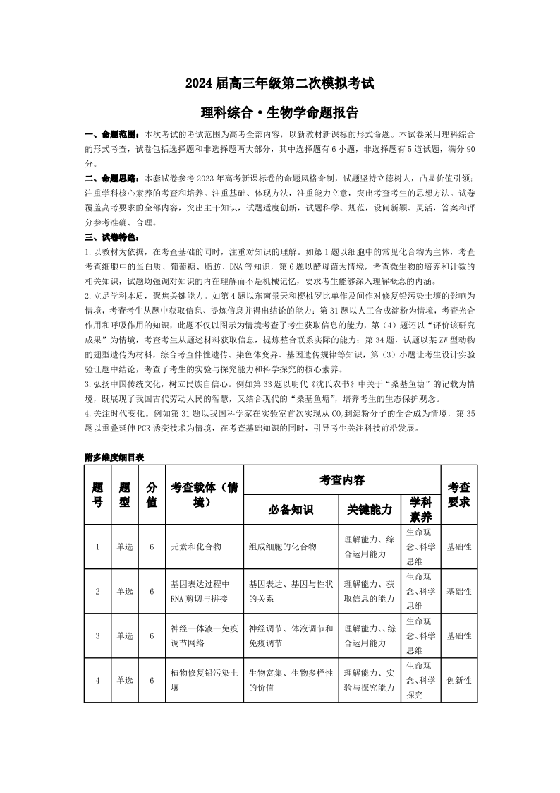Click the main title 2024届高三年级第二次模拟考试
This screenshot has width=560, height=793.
[x=279, y=83]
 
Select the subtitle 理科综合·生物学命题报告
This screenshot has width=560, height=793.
[x=279, y=112]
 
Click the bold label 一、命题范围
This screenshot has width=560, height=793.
[x=112, y=133]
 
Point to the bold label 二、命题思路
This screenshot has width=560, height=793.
[x=112, y=178]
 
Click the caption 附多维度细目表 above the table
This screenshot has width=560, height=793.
[x=114, y=458]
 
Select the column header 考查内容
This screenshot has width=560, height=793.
[x=341, y=480]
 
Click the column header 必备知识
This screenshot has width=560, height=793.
[x=291, y=509]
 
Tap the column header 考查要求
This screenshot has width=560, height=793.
[x=459, y=494]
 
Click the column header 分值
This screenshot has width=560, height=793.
[x=152, y=494]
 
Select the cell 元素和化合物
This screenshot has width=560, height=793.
[x=196, y=547]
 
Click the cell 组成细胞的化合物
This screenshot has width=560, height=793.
[x=282, y=547]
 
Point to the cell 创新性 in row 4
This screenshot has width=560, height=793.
[x=459, y=680]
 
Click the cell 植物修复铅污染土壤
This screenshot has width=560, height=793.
[x=203, y=680]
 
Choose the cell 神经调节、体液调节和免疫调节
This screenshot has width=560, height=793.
[x=291, y=636]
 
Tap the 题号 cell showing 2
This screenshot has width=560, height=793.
[x=97, y=591]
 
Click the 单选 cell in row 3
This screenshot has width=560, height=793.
[x=125, y=636]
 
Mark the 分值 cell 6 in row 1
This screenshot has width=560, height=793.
[x=152, y=547]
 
